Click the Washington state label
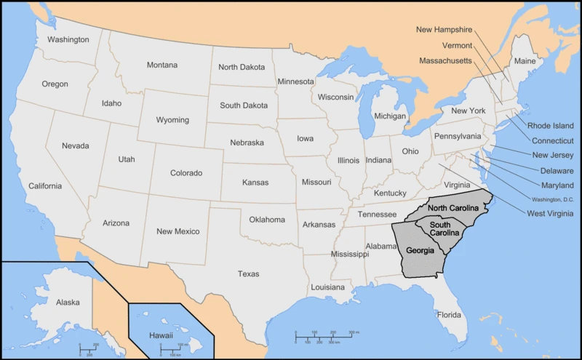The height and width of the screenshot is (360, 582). click(68, 39)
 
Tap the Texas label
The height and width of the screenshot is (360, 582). click(248, 274)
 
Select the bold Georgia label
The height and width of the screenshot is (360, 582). click(420, 251)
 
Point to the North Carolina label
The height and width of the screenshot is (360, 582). click(453, 209)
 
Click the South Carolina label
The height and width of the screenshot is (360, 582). click(444, 229)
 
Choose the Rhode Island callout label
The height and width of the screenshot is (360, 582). click(551, 126)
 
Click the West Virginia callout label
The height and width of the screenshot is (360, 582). click(550, 213)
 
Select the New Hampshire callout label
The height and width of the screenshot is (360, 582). click(444, 30)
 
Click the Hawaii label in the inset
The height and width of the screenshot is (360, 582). click(161, 335)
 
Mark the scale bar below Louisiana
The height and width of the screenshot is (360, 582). click(323, 335)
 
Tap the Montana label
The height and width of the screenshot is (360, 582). click(162, 65)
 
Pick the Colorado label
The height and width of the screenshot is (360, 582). click(186, 173)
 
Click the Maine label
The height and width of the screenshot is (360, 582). click(525, 62)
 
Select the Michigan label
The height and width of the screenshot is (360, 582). click(390, 116)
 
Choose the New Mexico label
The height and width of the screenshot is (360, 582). click(178, 231)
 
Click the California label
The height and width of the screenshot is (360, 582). click(45, 186)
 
